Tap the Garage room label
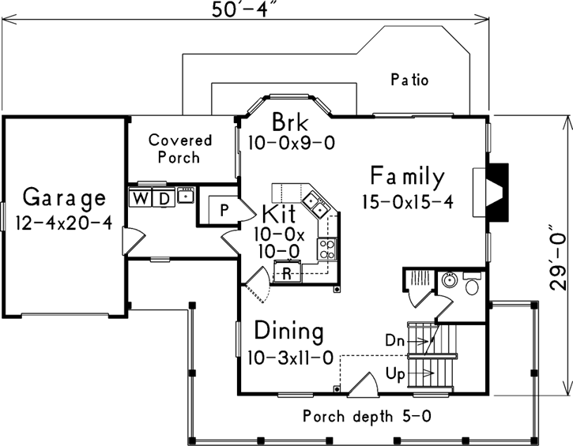[x=63, y=196]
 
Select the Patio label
[x=409, y=80]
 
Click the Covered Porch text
[x=180, y=148]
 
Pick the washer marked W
[x=140, y=197]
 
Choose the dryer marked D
[x=163, y=197]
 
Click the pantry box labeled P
[x=224, y=211]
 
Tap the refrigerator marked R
[x=288, y=273]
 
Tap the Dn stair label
[x=395, y=340]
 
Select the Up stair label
[x=396, y=370]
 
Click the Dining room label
[x=288, y=331]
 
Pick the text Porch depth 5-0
[x=368, y=415]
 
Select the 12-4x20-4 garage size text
[x=63, y=222]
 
